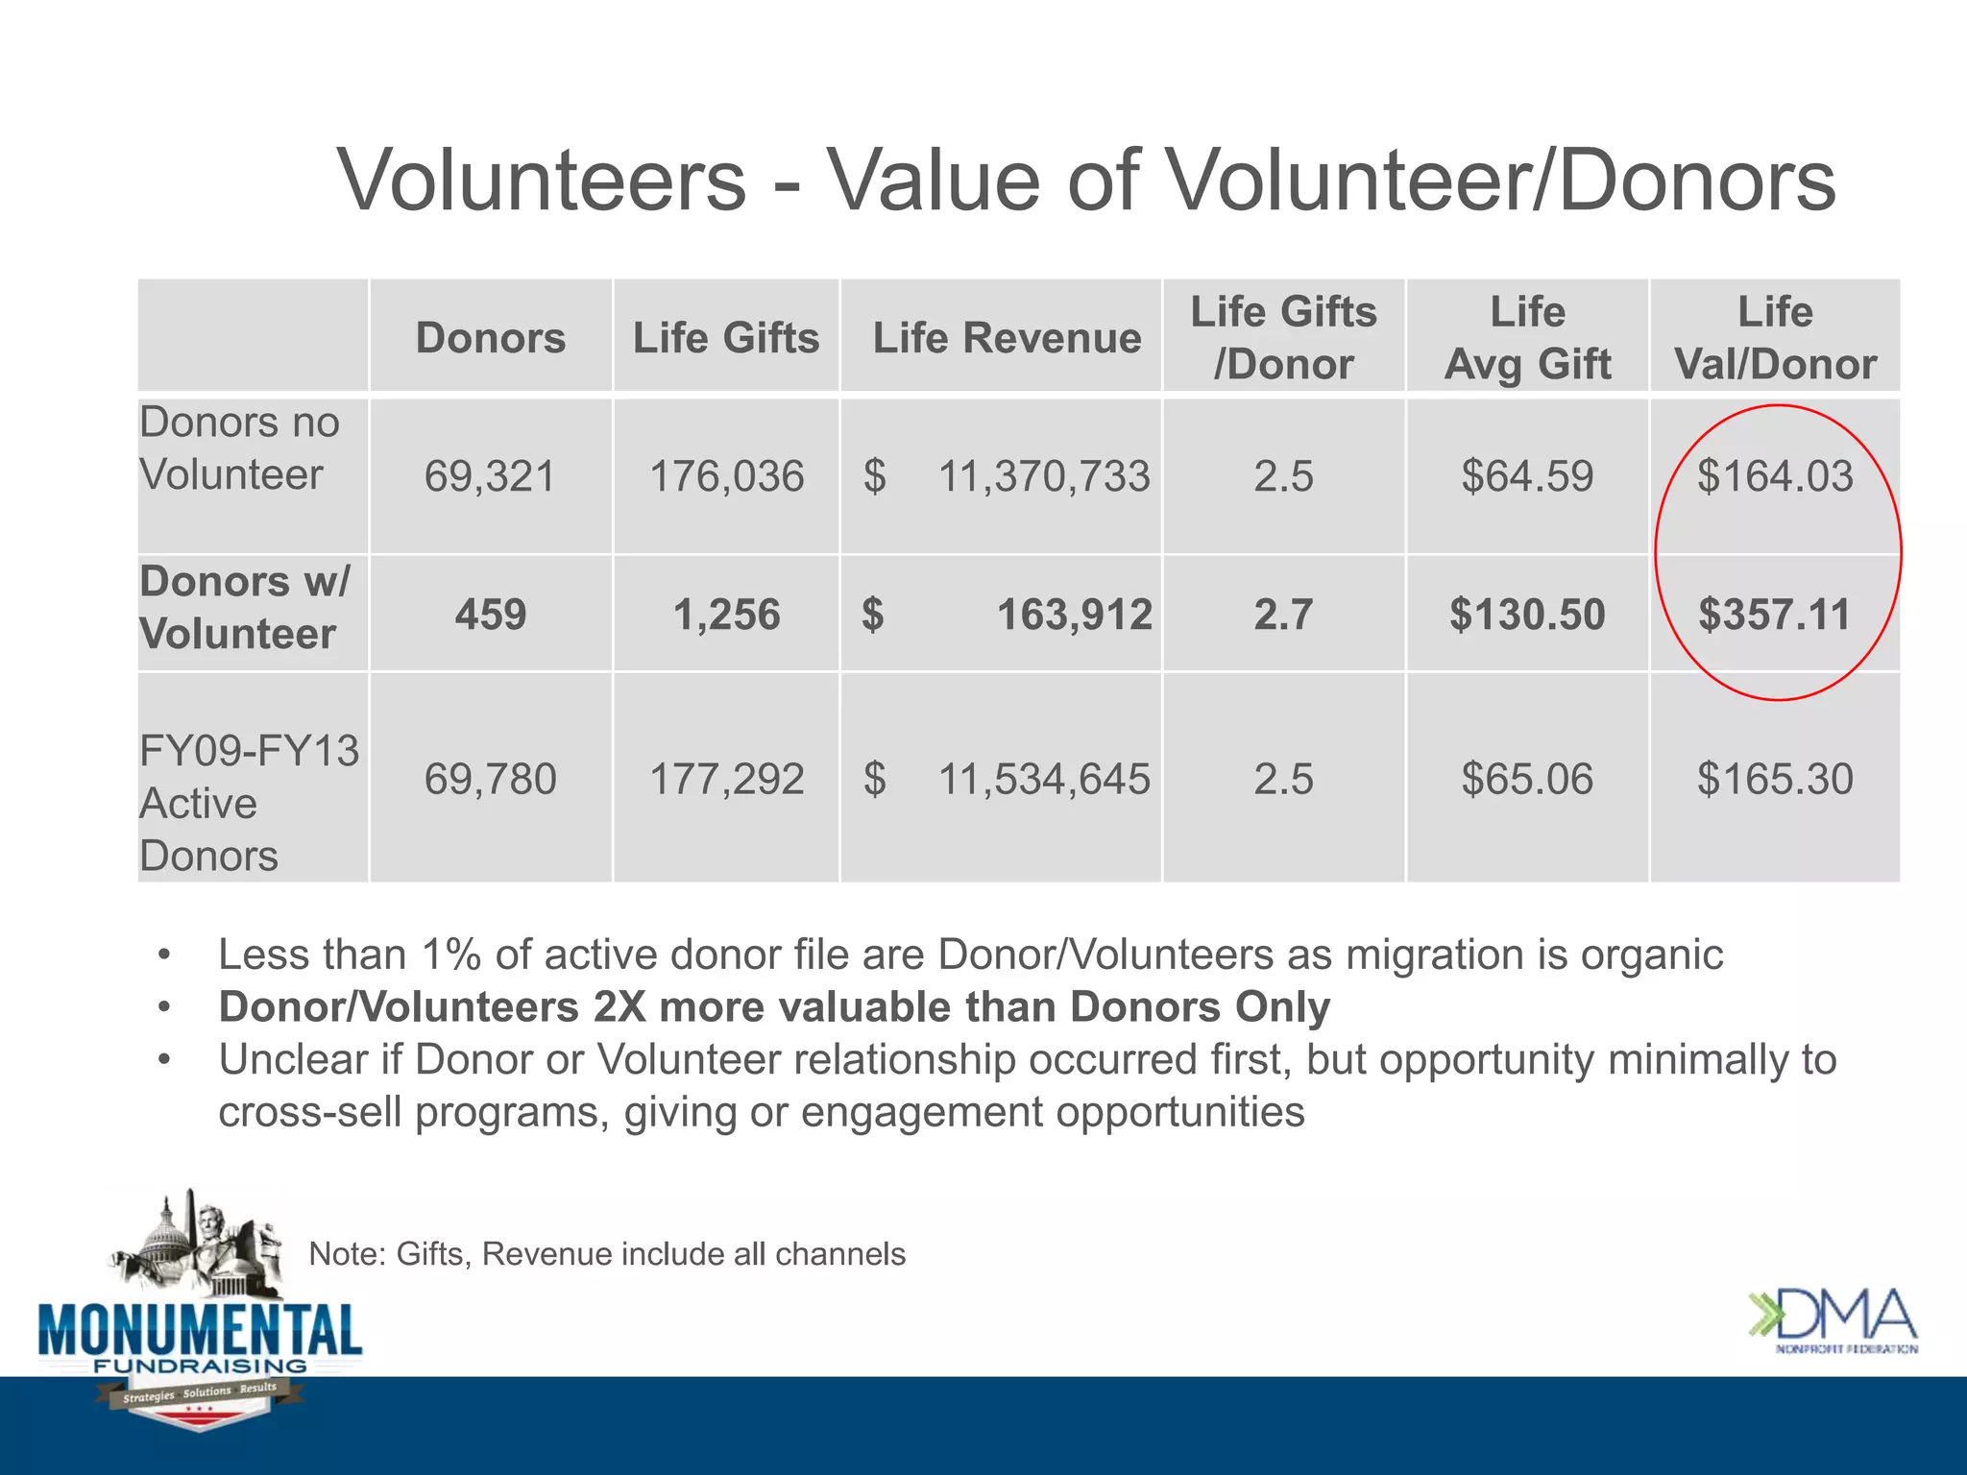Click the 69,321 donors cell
point(490,477)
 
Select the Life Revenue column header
point(1007,338)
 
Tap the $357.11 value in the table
point(1774,615)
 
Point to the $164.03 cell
point(1774,477)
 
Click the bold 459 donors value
point(490,615)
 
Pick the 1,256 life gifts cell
point(726,615)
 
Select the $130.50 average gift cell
point(1526,615)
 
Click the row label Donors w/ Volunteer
point(245,608)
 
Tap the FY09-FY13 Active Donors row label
point(248,803)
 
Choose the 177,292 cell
point(726,779)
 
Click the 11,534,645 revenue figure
point(1043,779)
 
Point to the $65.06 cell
point(1526,779)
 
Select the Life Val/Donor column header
point(1774,338)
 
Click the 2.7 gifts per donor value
point(1283,615)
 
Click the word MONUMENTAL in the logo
point(200,1330)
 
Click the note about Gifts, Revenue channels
point(607,1254)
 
